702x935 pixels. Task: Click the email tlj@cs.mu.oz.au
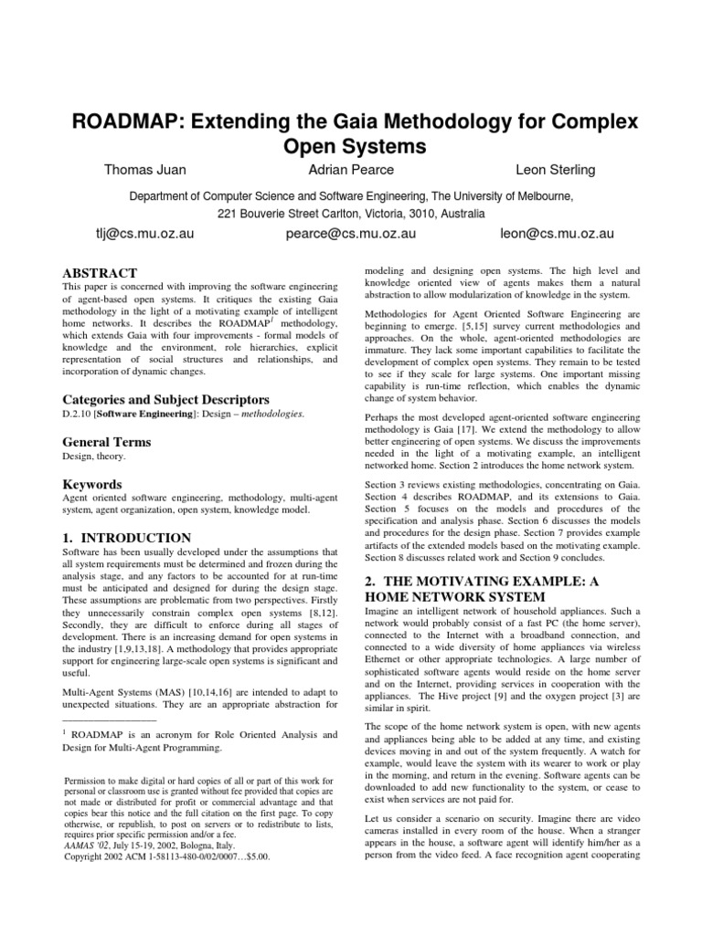pyautogui.click(x=127, y=234)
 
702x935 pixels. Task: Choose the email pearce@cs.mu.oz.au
pyautogui.click(x=346, y=234)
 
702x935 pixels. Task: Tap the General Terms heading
pyautogui.click(x=106, y=441)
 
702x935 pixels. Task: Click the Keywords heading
pyautogui.click(x=91, y=483)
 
